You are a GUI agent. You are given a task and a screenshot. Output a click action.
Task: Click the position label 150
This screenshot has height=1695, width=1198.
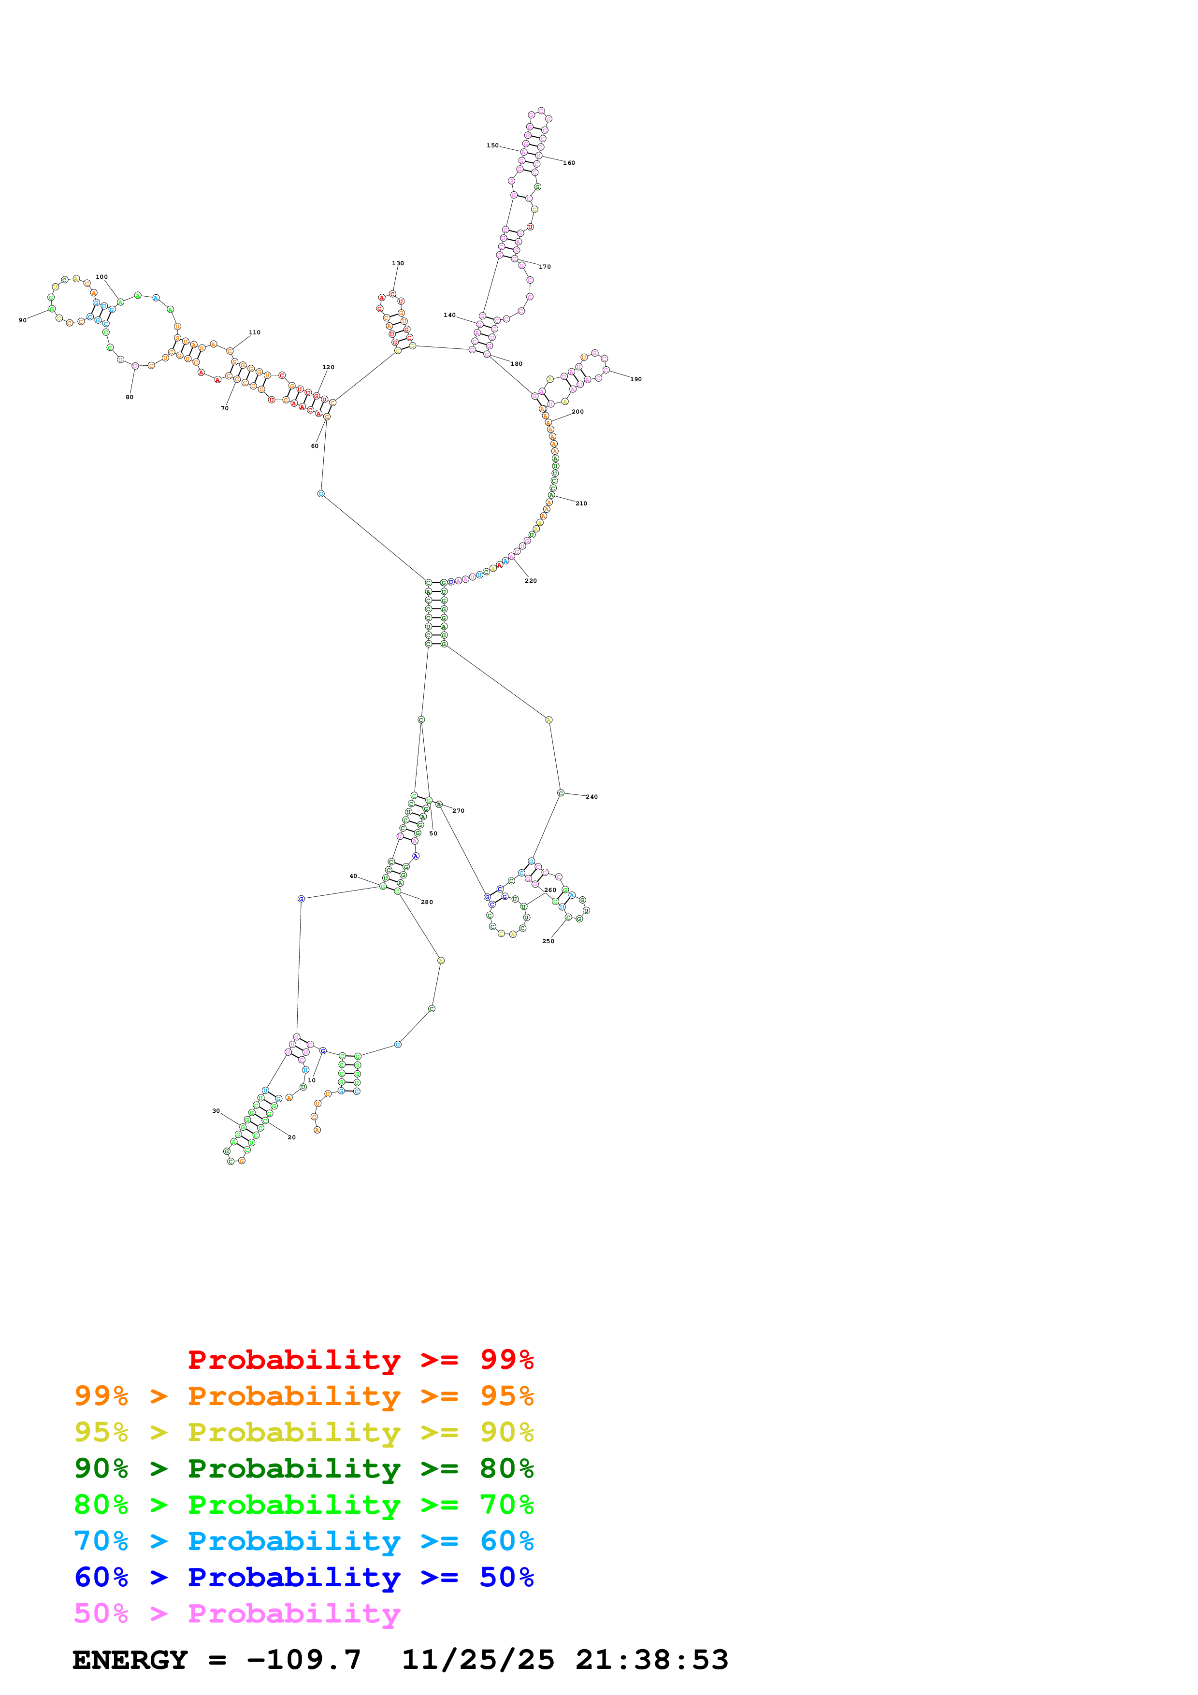(x=492, y=145)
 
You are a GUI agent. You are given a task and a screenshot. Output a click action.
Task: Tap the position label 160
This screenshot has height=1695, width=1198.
(x=569, y=162)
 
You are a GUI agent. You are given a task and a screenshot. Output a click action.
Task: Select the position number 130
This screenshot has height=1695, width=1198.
(x=398, y=263)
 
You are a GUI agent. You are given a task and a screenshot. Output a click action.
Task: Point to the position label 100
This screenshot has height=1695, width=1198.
(x=102, y=277)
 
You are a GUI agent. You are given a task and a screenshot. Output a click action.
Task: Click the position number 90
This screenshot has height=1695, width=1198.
(x=22, y=320)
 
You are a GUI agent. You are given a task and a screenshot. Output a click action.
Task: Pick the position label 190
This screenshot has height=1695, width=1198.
(x=635, y=379)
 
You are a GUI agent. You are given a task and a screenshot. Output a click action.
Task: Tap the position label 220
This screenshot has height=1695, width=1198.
(x=531, y=580)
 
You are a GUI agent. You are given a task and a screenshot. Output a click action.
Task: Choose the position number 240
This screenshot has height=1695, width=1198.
(x=591, y=797)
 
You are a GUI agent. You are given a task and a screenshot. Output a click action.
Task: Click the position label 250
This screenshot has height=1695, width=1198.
(x=548, y=941)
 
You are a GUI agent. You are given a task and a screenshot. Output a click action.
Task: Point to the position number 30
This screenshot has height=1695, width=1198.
(x=216, y=1110)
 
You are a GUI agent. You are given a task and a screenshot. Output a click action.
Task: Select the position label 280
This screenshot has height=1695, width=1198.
(x=427, y=902)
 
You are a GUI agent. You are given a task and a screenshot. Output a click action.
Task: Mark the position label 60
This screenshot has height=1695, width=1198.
(x=315, y=446)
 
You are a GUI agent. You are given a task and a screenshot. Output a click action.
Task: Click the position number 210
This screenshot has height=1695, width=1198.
(x=581, y=503)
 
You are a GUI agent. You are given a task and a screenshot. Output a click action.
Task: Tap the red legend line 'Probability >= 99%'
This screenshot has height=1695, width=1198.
(x=360, y=1359)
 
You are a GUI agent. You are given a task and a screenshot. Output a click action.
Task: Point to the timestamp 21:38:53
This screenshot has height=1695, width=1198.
(x=652, y=1660)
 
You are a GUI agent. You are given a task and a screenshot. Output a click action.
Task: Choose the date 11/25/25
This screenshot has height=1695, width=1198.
(x=477, y=1660)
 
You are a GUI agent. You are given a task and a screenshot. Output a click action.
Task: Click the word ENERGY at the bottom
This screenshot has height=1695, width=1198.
(x=130, y=1660)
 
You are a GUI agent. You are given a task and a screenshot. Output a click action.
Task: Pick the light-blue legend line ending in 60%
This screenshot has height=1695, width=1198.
(x=303, y=1541)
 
